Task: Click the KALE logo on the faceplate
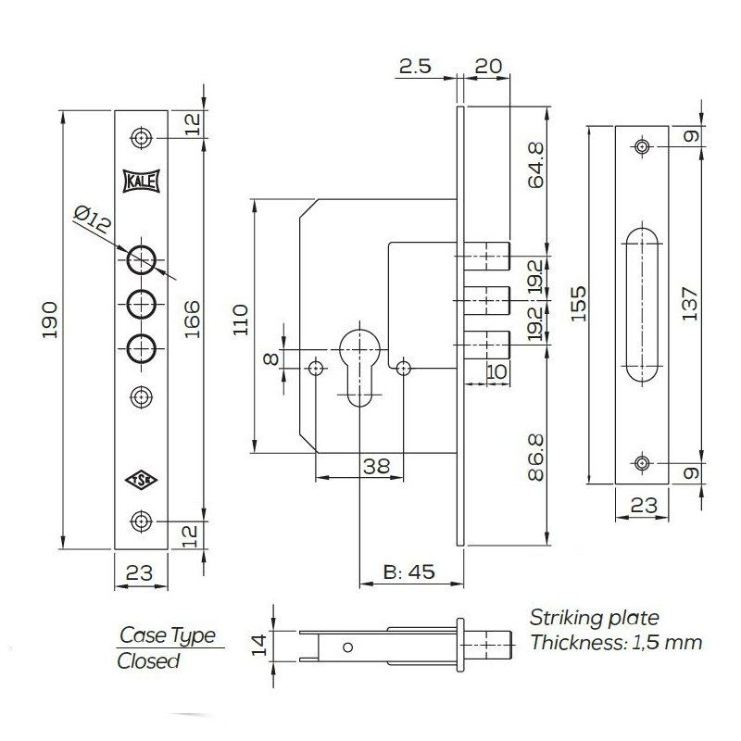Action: (x=141, y=182)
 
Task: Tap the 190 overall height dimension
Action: (x=50, y=319)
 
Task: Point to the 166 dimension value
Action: (x=192, y=319)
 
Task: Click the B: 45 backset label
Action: (x=408, y=571)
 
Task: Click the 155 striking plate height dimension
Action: (x=578, y=304)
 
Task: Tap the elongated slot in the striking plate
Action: (x=642, y=304)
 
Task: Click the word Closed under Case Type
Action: (x=148, y=660)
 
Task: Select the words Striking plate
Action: (x=594, y=619)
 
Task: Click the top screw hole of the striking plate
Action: (x=642, y=146)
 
